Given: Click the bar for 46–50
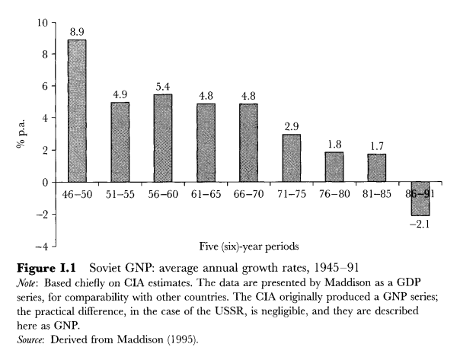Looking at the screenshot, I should [x=76, y=111].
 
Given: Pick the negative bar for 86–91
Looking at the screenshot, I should [x=420, y=199].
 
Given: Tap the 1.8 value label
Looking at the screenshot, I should [x=334, y=144].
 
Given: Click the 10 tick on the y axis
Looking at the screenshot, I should [x=41, y=23].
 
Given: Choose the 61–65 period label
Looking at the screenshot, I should [x=206, y=194].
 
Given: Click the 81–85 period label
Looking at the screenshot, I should [x=378, y=194].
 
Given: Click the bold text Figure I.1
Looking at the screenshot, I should [x=47, y=269].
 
